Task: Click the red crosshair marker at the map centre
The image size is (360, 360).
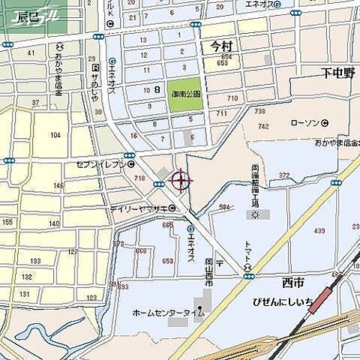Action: [181, 180]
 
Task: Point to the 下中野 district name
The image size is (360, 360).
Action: [338, 73]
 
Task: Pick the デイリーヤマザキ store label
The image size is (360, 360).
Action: [138, 209]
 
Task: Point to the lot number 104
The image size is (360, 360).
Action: [55, 135]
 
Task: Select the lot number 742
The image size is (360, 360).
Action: [261, 127]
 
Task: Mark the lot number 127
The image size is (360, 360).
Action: [72, 252]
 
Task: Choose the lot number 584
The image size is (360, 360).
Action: [224, 206]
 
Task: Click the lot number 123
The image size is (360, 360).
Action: [91, 298]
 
